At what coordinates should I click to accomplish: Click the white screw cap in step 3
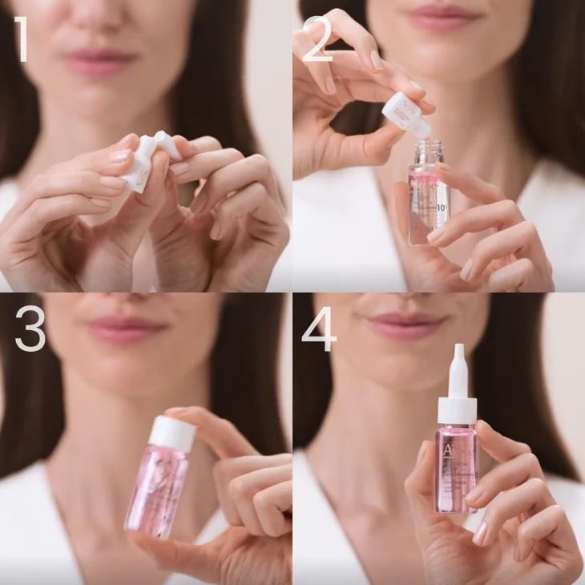pos(172,432)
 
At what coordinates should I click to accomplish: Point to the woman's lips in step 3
pos(125,329)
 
